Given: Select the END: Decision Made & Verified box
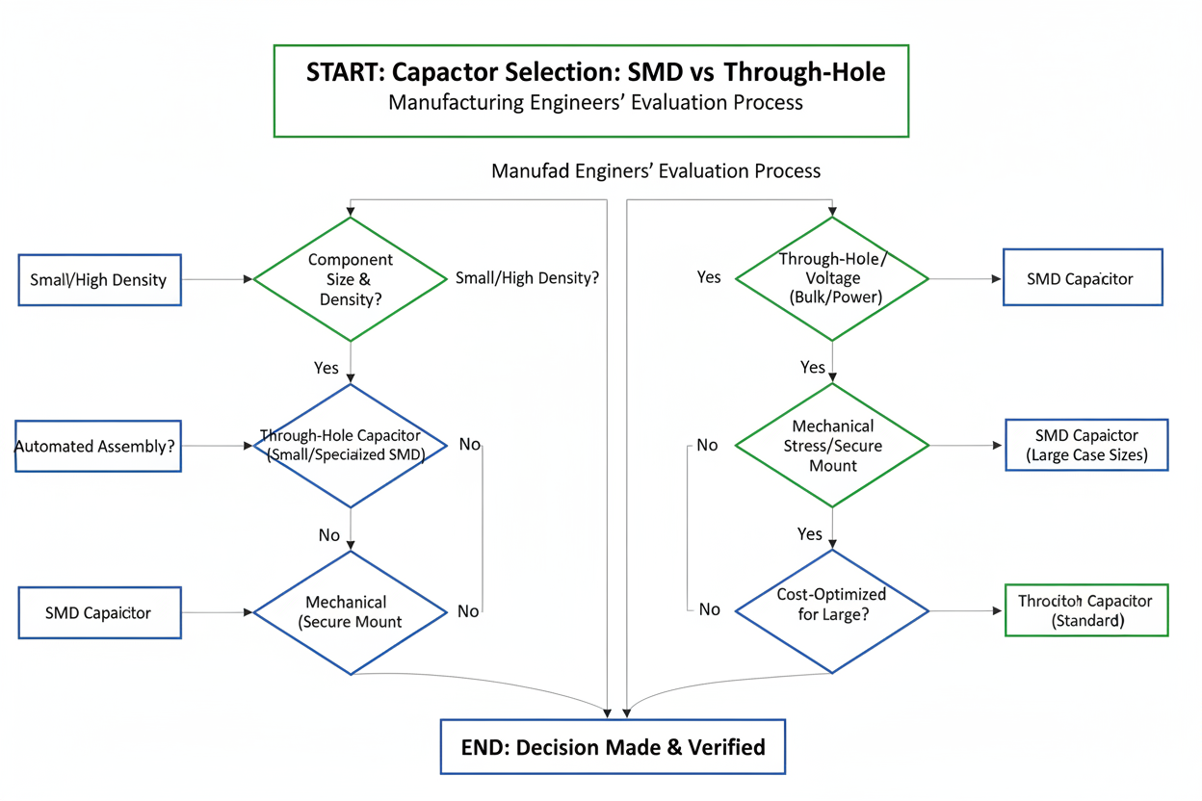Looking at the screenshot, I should [x=613, y=746].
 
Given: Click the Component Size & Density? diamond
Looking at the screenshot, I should [x=351, y=279].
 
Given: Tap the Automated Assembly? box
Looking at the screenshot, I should [x=98, y=446].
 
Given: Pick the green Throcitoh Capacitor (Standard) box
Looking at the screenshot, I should [x=1085, y=610].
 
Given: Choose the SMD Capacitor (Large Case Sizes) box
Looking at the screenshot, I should [x=1086, y=445].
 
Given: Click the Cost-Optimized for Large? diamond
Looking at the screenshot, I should [x=832, y=610].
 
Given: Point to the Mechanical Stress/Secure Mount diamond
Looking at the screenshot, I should [x=832, y=445].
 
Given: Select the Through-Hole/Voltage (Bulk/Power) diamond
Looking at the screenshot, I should [x=832, y=278].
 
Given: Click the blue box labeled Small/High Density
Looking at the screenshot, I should [x=99, y=279].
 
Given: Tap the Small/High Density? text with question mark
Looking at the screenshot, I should [x=527, y=278].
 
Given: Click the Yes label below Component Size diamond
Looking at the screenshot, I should [x=327, y=368].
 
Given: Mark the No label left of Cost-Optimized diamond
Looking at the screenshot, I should [x=709, y=609].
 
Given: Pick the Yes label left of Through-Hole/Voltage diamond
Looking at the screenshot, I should [x=709, y=277].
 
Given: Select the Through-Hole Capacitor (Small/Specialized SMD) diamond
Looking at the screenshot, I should [x=351, y=446].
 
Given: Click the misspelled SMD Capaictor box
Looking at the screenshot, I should [x=99, y=612].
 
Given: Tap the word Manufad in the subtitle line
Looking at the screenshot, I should [x=527, y=171].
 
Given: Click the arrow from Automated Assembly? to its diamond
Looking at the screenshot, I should [x=217, y=446].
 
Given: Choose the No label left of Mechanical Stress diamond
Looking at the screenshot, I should [x=707, y=445].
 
